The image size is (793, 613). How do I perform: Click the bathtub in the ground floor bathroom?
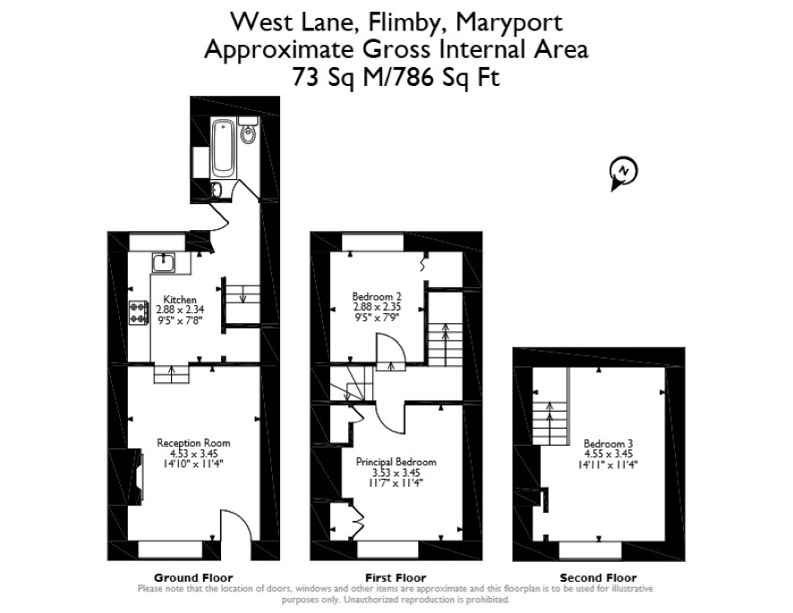pyautogui.click(x=224, y=148)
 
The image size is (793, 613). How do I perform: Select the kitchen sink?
pyautogui.click(x=164, y=263)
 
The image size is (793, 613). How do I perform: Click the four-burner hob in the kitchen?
pyautogui.click(x=139, y=312)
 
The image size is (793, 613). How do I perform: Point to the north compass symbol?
pyautogui.click(x=624, y=173)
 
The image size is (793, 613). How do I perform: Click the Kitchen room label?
pyautogui.click(x=180, y=300)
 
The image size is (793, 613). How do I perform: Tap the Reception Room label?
pyautogui.click(x=193, y=443)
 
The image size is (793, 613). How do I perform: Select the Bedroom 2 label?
pyautogui.click(x=377, y=296)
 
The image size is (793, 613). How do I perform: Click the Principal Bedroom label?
pyautogui.click(x=396, y=462)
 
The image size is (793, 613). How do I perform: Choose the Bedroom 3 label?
pyautogui.click(x=608, y=444)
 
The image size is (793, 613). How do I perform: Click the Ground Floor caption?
pyautogui.click(x=193, y=577)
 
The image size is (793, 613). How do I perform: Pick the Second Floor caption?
pyautogui.click(x=598, y=577)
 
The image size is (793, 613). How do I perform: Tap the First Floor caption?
pyautogui.click(x=396, y=577)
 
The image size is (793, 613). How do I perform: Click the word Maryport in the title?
pyautogui.click(x=508, y=22)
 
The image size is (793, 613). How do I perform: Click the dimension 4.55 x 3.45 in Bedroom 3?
pyautogui.click(x=608, y=455)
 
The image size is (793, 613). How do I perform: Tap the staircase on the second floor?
pyautogui.click(x=550, y=406)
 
